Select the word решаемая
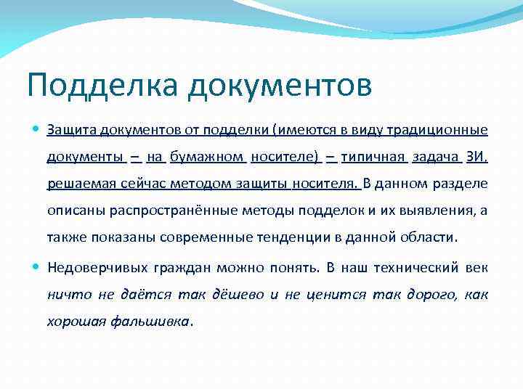77,183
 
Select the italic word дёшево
238,294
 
